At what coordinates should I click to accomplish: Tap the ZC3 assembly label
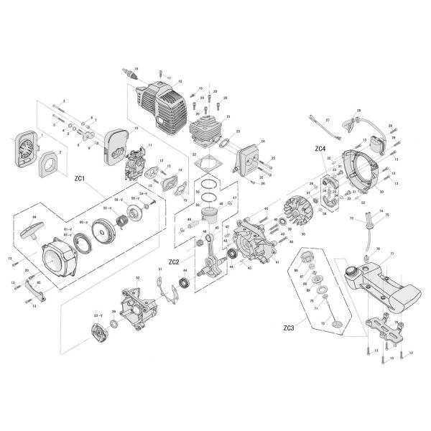point(288,329)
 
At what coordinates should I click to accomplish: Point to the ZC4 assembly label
point(320,149)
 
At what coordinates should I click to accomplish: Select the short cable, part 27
point(322,127)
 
